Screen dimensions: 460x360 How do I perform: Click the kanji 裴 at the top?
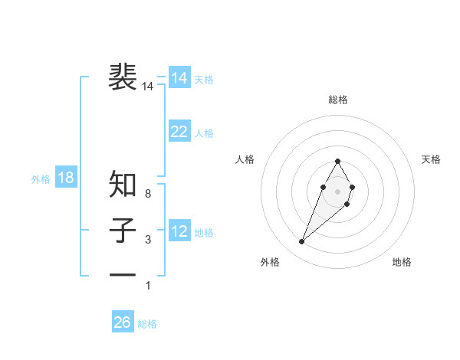(x=123, y=77)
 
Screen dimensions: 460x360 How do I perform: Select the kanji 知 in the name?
(x=123, y=185)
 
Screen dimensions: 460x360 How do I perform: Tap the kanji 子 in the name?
(x=123, y=231)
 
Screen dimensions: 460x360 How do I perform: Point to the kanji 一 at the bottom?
(x=123, y=275)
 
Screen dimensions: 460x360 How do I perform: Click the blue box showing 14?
(x=179, y=78)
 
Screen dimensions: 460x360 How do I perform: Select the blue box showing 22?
(x=179, y=132)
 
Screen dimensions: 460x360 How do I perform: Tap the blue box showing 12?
(x=179, y=231)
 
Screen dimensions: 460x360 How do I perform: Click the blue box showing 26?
(x=123, y=322)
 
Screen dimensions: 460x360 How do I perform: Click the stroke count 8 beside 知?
(x=148, y=195)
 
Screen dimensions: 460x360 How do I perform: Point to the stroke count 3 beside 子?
(x=148, y=241)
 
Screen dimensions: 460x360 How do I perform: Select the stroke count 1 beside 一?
(x=148, y=286)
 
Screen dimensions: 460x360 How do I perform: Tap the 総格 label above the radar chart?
(x=337, y=100)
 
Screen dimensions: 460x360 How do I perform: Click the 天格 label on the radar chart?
(x=432, y=159)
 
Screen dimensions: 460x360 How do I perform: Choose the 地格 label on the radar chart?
(x=402, y=262)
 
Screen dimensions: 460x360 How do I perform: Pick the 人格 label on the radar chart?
(x=245, y=159)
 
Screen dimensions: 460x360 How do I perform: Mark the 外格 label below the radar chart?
(x=270, y=262)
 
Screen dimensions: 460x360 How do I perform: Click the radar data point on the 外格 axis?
(x=301, y=241)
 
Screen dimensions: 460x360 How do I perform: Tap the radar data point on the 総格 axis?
(x=337, y=161)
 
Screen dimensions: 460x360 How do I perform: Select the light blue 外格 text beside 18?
(x=41, y=179)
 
